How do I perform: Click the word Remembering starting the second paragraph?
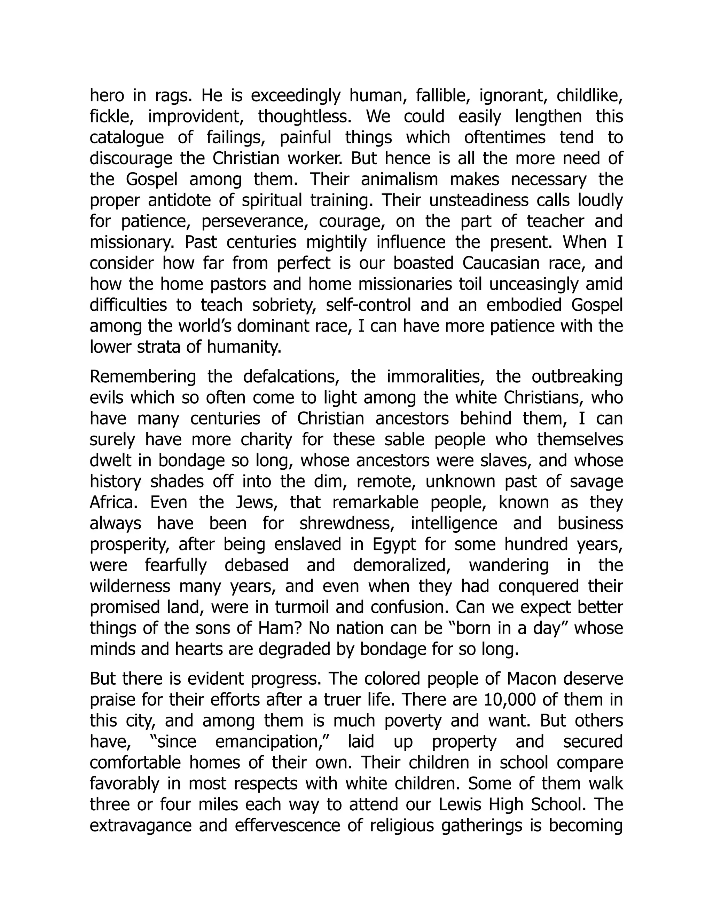tap(143, 376)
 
